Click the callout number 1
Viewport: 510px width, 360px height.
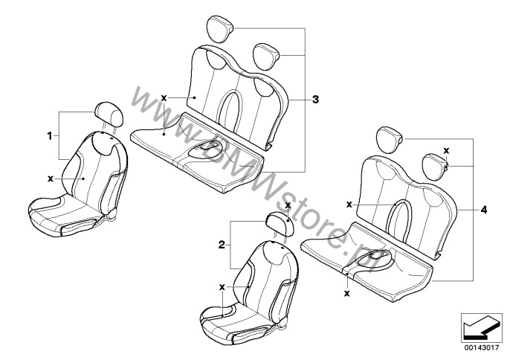pyautogui.click(x=50, y=135)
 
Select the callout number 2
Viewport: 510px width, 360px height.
pyautogui.click(x=222, y=245)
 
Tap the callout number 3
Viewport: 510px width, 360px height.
pyautogui.click(x=315, y=100)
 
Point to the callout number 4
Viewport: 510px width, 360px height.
pyautogui.click(x=484, y=210)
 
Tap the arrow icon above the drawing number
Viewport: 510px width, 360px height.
pyautogui.click(x=481, y=327)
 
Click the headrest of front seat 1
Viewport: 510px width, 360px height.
pyautogui.click(x=109, y=114)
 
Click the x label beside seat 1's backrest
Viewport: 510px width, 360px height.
pyautogui.click(x=51, y=179)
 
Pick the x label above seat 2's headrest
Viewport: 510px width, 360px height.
pyautogui.click(x=288, y=205)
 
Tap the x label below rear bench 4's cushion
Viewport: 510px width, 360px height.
pyautogui.click(x=347, y=294)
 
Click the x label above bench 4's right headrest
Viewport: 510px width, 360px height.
pyautogui.click(x=446, y=151)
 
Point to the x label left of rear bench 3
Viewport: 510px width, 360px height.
pyautogui.click(x=164, y=97)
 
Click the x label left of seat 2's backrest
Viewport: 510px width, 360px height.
pyautogui.click(x=222, y=287)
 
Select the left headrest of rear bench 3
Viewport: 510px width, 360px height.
pyautogui.click(x=219, y=29)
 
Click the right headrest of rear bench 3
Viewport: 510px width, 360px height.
pyautogui.click(x=267, y=57)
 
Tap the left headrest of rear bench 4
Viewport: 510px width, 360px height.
pyautogui.click(x=390, y=139)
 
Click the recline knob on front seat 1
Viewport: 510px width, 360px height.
pyautogui.click(x=112, y=214)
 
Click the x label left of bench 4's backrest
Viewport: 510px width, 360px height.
pyautogui.click(x=349, y=205)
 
